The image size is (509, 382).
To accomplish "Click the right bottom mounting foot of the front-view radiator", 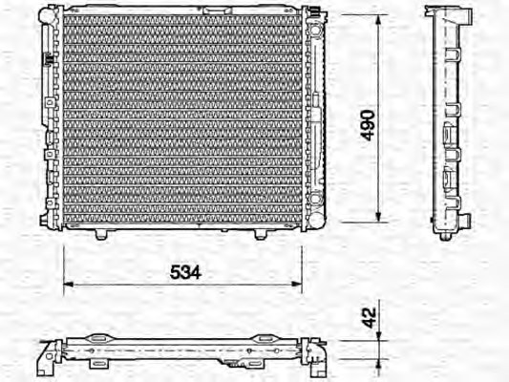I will click(x=261, y=233).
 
